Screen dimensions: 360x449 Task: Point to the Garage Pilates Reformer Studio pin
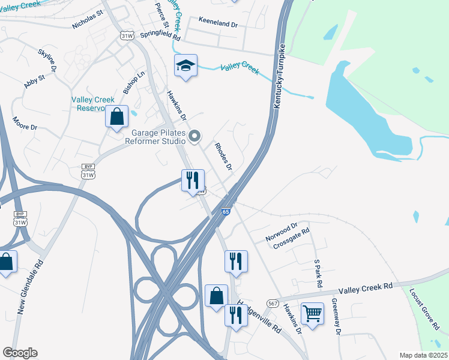point(194,137)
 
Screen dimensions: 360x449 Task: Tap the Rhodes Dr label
point(223,156)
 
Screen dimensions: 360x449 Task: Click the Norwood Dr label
point(282,233)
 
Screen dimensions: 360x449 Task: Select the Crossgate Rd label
point(291,239)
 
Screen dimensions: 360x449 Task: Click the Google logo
point(20,353)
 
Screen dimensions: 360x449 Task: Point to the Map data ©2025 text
point(423,355)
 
